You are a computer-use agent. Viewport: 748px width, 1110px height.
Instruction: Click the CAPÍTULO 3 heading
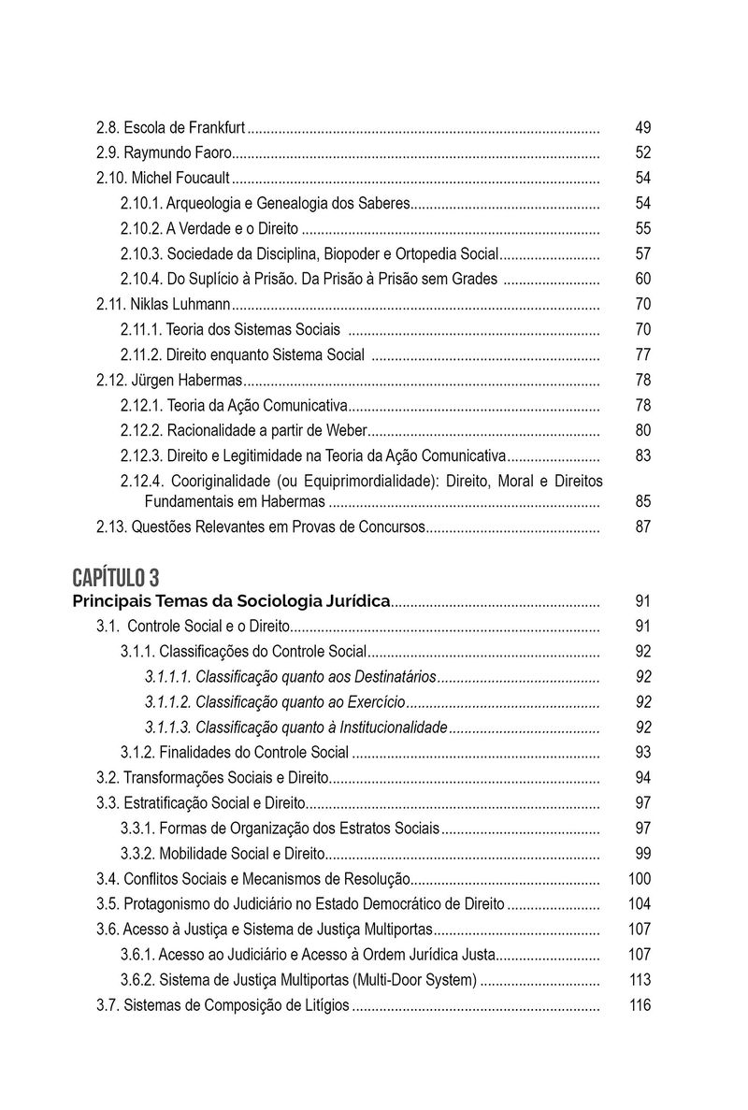115,574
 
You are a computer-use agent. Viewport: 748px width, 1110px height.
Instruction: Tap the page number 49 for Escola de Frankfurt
642,128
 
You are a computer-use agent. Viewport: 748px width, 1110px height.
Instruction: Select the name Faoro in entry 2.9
211,153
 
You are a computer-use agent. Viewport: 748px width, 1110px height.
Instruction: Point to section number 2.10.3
142,254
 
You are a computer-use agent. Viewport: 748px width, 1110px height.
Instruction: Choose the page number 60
642,280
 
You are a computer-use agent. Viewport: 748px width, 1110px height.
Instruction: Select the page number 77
642,355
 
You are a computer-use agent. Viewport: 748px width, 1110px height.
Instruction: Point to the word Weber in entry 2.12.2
347,431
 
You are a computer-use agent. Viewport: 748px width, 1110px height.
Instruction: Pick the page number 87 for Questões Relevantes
642,526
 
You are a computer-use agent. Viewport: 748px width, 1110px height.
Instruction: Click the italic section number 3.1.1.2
168,702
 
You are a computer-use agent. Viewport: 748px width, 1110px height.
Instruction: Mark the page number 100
640,879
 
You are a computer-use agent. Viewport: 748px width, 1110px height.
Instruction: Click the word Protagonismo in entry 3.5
164,904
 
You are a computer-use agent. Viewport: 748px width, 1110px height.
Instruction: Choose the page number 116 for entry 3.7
640,1005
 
